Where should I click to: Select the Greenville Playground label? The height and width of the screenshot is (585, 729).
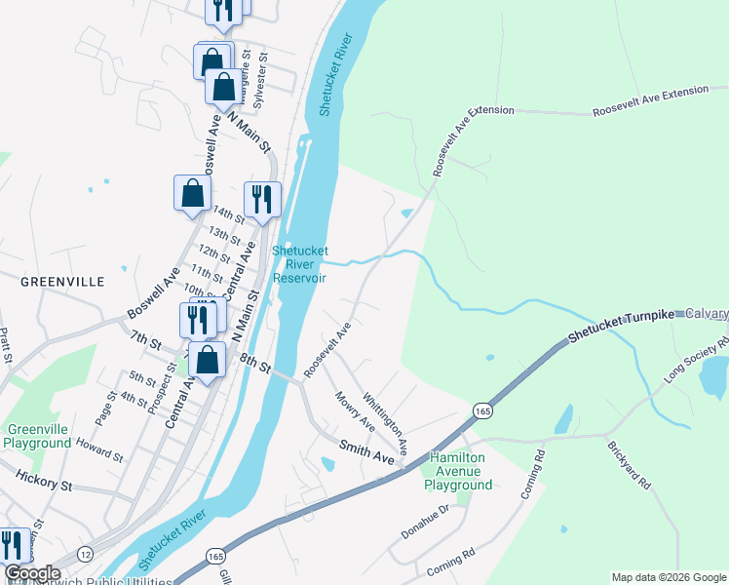click(39, 435)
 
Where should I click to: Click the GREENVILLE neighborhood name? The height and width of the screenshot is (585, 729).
click(62, 281)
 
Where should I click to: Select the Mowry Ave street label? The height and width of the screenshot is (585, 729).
click(355, 412)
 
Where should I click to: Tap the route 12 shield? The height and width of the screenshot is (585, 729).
click(85, 553)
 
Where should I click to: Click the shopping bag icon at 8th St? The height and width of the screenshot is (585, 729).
click(208, 360)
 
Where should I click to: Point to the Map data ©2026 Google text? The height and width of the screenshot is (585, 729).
click(668, 577)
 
